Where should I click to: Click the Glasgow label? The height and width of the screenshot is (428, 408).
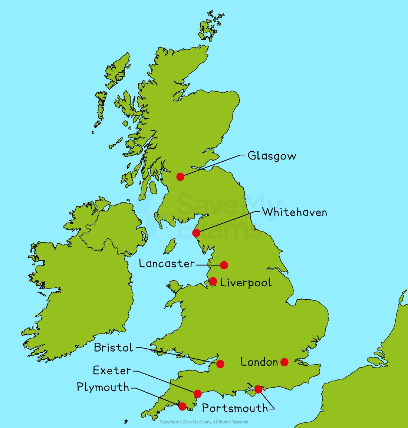pos(272,156)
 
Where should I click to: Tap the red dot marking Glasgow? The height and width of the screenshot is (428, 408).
pos(180,177)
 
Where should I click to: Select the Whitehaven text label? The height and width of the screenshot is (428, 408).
pos(295,212)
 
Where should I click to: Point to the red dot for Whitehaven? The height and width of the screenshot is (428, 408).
pos(196,233)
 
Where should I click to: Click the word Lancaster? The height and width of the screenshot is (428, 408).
pos(167,264)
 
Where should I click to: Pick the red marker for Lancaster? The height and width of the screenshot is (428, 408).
pos(224,265)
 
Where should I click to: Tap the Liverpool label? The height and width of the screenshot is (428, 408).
pos(246,283)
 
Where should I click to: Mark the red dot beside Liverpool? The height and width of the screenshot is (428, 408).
pos(213,281)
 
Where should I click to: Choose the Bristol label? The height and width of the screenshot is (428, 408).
pos(113,348)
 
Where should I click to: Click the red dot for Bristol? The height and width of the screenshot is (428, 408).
pos(220,364)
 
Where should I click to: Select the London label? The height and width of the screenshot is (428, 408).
pos(259,362)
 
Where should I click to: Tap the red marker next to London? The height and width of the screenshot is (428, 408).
pos(284,362)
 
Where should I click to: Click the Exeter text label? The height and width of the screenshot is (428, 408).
pos(112,371)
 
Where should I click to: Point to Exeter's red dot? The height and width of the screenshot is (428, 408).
pos(198,394)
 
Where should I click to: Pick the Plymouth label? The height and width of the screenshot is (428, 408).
pos(103,388)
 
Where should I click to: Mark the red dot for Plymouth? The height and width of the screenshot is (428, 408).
pos(182,406)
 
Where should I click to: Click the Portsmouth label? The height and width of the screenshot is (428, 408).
pos(235,408)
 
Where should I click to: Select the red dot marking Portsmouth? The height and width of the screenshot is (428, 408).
pos(259,389)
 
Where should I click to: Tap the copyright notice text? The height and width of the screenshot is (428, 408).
pos(204,422)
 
